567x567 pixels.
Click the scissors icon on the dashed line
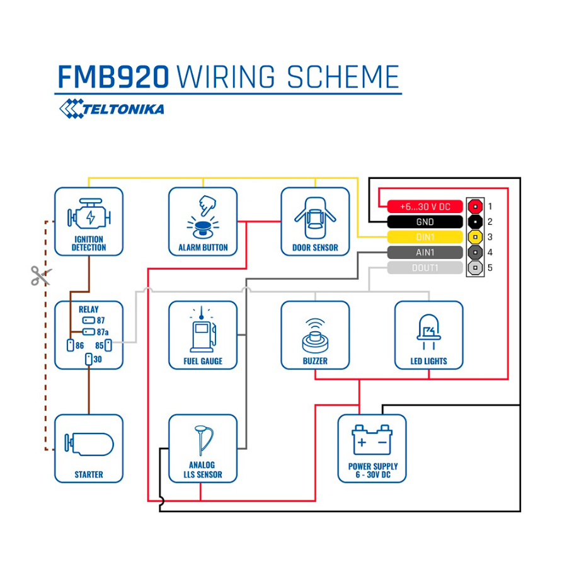(x=41, y=275)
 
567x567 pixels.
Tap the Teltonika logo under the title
(x=112, y=108)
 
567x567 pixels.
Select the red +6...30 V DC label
(x=425, y=206)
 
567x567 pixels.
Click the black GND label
(x=425, y=222)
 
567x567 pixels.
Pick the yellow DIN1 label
(x=425, y=238)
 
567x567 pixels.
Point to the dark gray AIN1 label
(x=425, y=253)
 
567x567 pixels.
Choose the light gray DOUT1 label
(x=425, y=268)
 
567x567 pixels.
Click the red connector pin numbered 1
(x=474, y=206)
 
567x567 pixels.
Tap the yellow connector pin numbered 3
(x=474, y=238)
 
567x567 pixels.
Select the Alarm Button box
(x=203, y=221)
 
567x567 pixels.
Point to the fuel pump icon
(x=202, y=330)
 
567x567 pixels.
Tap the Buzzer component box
(x=315, y=335)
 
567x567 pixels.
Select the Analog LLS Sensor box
(x=203, y=448)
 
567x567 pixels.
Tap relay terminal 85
(x=108, y=345)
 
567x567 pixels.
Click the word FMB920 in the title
(x=113, y=77)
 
